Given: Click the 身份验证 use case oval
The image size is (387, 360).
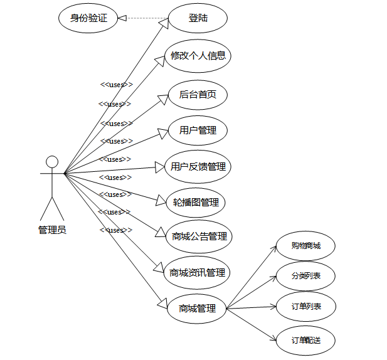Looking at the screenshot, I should pos(88,18).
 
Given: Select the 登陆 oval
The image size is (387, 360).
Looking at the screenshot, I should pos(198,18).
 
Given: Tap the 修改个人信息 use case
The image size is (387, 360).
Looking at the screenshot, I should pos(198,56).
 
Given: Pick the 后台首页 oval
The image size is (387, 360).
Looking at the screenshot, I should pos(198,95).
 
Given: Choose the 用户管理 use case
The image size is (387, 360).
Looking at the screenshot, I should pos(198,130).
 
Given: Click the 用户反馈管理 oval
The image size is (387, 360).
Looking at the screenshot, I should pos(198,167).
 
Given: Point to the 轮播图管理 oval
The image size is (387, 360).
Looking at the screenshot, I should pos(196,203).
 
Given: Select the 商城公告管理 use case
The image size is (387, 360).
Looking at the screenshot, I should pos(199,236).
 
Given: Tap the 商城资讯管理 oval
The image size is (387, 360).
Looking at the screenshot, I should pos(197,272).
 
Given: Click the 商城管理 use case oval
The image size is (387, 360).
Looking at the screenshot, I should pos(197,308).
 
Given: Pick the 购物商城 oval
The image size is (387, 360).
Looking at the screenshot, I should pos(305,246).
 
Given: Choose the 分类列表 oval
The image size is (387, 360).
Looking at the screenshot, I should pos(305,276).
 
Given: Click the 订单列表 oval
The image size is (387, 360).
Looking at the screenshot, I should pos(305,307).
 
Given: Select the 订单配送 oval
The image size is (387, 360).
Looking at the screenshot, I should pos(305,341).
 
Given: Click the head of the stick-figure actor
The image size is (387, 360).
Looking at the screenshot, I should pos(52,162).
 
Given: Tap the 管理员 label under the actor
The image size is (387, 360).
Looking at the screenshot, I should pos(52,230).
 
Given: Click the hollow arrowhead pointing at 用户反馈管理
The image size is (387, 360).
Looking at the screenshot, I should pos(159,167).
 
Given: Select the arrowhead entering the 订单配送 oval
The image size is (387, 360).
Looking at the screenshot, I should pos(273,339).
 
